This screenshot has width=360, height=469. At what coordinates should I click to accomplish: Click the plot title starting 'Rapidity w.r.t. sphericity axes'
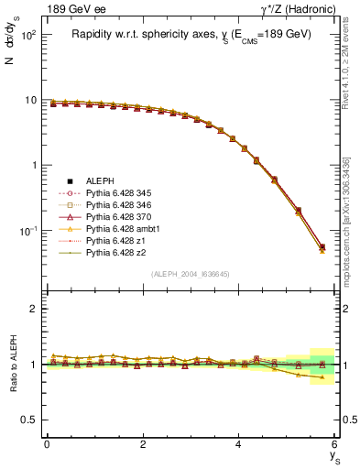pyautogui.click(x=191, y=34)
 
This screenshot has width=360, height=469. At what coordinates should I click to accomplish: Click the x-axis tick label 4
pyautogui.click(x=239, y=444)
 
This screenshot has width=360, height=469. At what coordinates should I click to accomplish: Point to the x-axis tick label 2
pyautogui.click(x=143, y=444)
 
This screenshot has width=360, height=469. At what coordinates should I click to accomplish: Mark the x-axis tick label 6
pyautogui.click(x=335, y=444)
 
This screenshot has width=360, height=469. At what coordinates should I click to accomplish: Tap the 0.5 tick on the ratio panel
pyautogui.click(x=27, y=420)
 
